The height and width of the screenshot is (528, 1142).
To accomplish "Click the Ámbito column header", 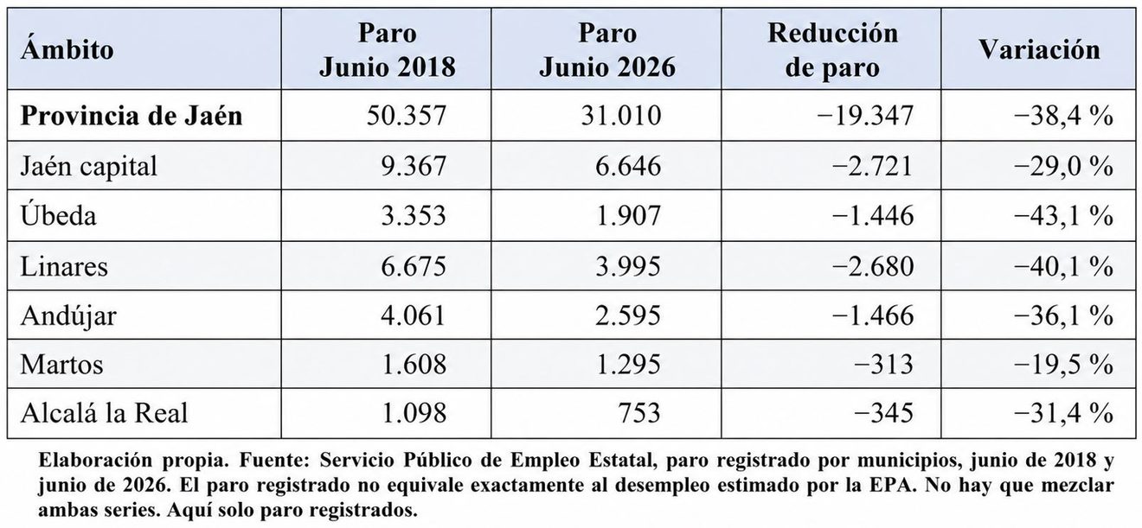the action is [67, 50].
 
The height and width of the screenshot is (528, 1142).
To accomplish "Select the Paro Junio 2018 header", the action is [388, 50].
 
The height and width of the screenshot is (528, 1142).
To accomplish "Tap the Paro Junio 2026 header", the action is [607, 50].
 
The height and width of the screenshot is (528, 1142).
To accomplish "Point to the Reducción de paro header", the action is [832, 50].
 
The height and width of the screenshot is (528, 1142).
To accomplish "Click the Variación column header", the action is [1040, 50].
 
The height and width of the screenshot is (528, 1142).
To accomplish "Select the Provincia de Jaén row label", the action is [132, 116].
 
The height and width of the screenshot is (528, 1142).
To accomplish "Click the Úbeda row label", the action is [58, 214].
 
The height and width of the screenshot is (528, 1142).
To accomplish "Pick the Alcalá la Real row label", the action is [104, 413].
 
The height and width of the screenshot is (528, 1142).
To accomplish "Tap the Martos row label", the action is [61, 365].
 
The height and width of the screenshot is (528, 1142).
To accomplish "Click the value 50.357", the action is [407, 116].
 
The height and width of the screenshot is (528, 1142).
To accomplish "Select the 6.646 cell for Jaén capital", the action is [628, 166].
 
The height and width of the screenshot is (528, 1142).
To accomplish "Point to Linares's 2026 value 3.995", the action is [628, 266].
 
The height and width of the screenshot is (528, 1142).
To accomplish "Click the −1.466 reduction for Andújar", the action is [873, 315].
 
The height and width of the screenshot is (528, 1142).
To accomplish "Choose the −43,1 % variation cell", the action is [1063, 216].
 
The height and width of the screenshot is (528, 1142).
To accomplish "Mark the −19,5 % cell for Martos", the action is [1063, 365].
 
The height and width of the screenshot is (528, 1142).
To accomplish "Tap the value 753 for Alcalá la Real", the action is [639, 413].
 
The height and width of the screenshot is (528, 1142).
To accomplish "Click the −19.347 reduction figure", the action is [865, 116].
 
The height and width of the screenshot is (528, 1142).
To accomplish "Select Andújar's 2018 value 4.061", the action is [414, 315].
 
